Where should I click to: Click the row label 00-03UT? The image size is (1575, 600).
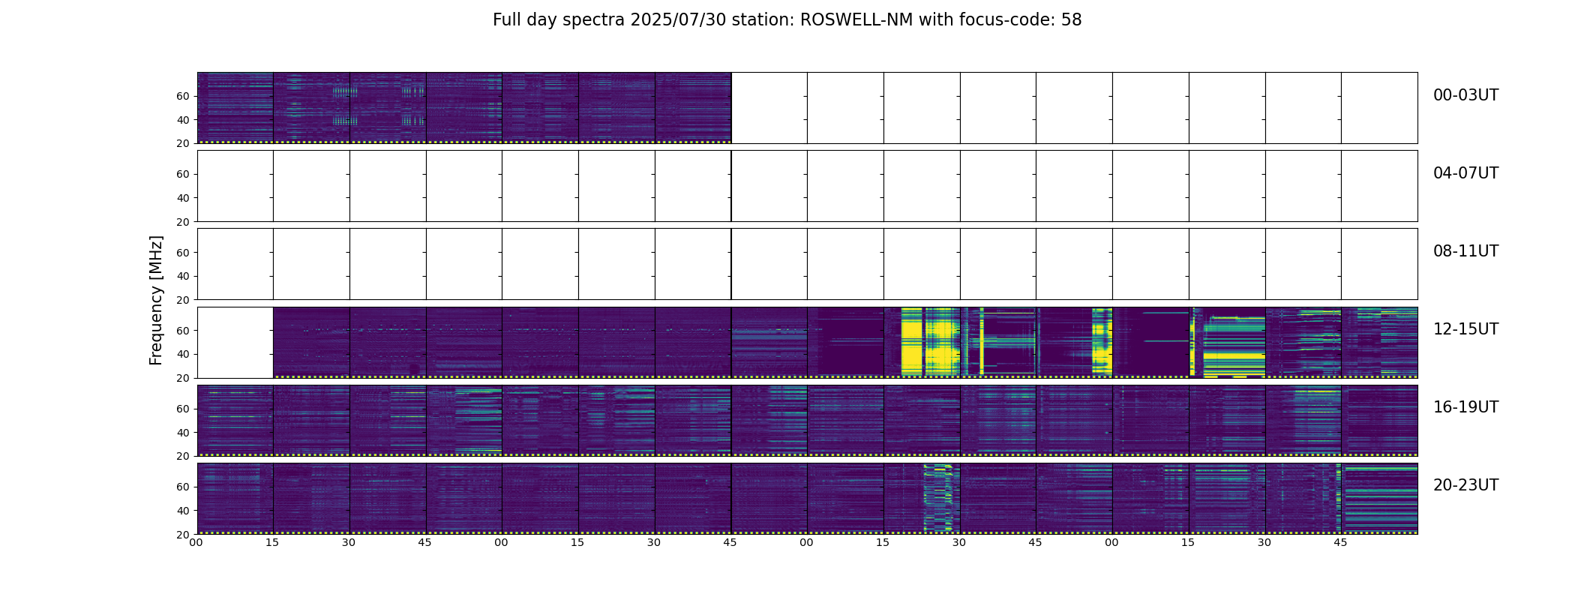point(1465,95)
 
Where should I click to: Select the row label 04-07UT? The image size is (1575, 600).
point(1465,173)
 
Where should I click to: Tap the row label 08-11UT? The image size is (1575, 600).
point(1465,251)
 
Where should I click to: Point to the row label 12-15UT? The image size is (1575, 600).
point(1465,329)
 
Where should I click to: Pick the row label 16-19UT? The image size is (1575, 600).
point(1465,407)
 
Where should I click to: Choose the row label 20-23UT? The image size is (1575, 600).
point(1465,485)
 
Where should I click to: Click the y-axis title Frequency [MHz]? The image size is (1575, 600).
point(156,300)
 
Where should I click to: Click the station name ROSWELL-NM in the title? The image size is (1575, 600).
point(856,20)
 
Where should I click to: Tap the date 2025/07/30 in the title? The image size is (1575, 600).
point(673,20)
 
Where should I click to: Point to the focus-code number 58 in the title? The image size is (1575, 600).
point(1072,20)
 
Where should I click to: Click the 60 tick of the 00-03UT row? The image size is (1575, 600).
point(183,96)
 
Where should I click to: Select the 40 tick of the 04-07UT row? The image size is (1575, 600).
point(183,198)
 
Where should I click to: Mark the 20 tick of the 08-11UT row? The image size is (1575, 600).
point(183,300)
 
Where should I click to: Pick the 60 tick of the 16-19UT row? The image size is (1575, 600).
point(183,409)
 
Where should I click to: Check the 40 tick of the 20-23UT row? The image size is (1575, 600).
point(183,511)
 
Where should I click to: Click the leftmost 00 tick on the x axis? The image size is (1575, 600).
point(196,542)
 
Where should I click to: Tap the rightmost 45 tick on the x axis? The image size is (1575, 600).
point(1340,542)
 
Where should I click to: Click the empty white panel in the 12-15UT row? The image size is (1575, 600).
point(235,342)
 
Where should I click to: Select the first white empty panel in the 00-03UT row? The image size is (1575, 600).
point(769,108)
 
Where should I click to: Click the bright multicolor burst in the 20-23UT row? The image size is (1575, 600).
point(937,498)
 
